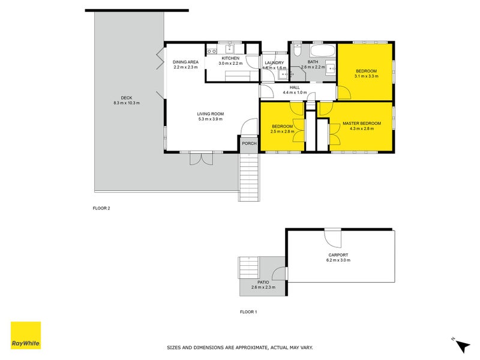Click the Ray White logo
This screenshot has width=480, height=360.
click(26, 335)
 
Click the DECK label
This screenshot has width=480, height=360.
click(126, 98)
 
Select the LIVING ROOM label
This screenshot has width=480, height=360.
click(210, 114)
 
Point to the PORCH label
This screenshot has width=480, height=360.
click(249, 143)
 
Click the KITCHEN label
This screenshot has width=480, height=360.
click(230, 58)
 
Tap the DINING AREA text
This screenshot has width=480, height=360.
click(185, 62)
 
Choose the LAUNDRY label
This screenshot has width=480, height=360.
click(274, 62)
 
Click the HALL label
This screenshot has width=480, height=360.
click(295, 88)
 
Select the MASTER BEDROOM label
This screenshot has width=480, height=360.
click(362, 124)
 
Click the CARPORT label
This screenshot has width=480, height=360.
click(338, 255)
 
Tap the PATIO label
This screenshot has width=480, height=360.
click(263, 282)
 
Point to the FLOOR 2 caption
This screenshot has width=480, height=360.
click(101, 208)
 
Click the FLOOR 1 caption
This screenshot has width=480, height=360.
click(248, 312)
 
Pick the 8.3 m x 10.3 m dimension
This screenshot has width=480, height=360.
click(126, 103)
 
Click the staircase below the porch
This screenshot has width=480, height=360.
click(250, 175)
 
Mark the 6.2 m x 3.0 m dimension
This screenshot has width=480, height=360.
click(338, 260)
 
